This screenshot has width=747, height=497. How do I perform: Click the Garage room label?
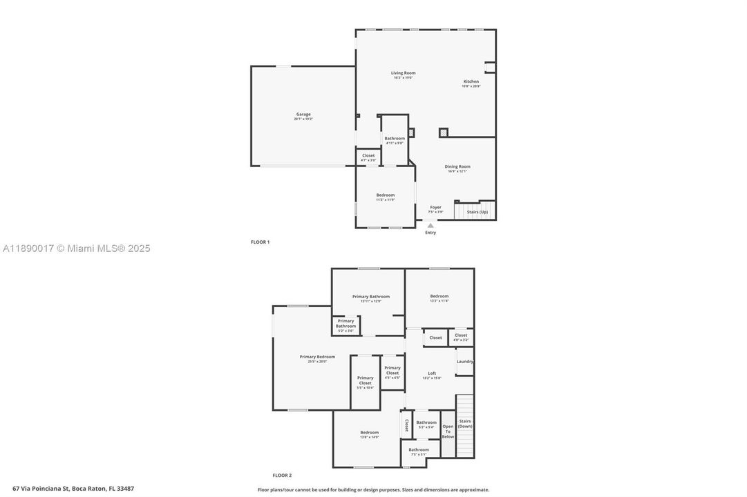pos(303,115)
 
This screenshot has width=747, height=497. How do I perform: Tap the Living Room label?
pos(403,73)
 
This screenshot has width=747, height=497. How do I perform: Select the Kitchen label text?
pos(471,81)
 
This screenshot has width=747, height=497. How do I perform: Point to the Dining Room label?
pos(457,166)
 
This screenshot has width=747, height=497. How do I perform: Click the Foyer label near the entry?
pos(435,207)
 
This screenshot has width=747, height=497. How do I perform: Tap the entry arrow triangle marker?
pos(431,225)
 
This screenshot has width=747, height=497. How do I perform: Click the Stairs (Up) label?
pos(477,212)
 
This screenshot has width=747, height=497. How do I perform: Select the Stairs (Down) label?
pos(465,423)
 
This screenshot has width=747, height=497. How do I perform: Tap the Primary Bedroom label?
pos(317,357)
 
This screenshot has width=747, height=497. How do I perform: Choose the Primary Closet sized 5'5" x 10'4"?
pos(365,380)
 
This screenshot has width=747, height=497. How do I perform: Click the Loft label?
pos(432,373)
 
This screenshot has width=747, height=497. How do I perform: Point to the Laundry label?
pos(464,361)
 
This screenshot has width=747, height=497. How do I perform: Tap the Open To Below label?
pos(448,431)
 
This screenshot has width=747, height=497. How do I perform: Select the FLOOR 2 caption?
pos(282,475)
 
